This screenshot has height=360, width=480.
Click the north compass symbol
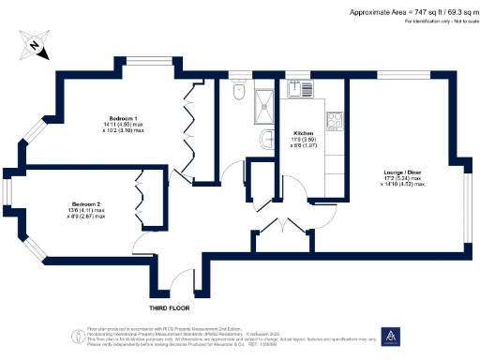click(x=34, y=43)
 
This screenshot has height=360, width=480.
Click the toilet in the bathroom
click(x=239, y=93)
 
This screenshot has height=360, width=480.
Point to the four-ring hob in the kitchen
click(x=334, y=119)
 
